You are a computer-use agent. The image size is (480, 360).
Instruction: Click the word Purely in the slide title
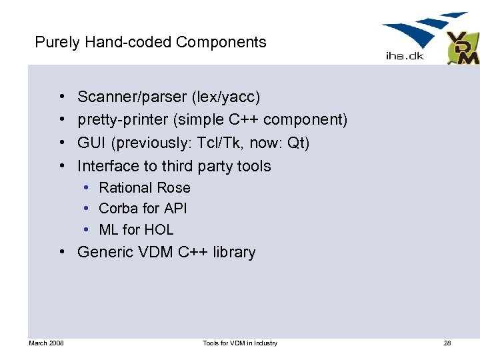coord(57,43)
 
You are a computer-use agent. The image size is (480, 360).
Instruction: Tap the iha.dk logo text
coord(404,57)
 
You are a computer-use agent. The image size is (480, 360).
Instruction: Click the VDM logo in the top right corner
coord(462,48)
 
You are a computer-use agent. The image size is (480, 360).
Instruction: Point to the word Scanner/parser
coord(132,97)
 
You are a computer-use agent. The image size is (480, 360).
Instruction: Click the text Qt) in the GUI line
coord(298,143)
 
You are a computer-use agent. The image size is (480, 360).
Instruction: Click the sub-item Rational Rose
coord(145,188)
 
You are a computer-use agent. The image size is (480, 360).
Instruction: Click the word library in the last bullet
coord(234,252)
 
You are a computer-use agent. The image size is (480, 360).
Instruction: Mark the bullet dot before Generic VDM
coord(61,252)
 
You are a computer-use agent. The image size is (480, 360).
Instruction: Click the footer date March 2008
coord(46,343)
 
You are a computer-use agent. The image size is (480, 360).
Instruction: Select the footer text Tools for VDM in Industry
coord(240,343)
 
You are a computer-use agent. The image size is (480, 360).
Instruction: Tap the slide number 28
coord(447,343)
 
